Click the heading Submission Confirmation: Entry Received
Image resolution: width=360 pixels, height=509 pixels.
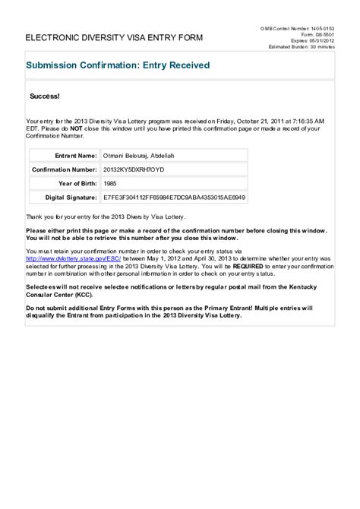pos(118,65)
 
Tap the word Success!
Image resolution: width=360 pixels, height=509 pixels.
pos(44,97)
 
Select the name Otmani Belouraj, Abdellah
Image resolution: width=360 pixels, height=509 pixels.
pos(140,154)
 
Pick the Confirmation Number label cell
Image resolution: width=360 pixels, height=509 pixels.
pos(65,169)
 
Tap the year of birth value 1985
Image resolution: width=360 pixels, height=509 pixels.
pos(110,183)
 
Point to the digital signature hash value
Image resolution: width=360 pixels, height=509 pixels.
pos(174,198)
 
